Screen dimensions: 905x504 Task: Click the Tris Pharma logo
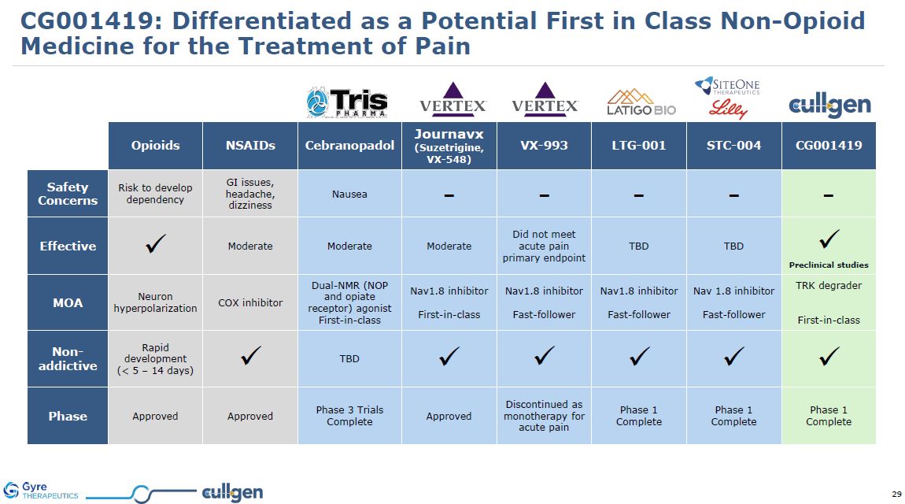(x=347, y=102)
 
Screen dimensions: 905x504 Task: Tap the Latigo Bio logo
(x=641, y=102)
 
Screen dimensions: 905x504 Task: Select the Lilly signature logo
(x=729, y=109)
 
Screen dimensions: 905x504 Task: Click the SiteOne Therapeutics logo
(x=727, y=86)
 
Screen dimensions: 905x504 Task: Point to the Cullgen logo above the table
(x=829, y=105)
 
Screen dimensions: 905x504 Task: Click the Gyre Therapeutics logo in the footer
(x=40, y=490)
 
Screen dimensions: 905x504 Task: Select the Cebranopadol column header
(x=349, y=146)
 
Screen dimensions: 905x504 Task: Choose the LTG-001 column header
(x=639, y=146)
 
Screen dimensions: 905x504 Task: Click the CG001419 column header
(x=829, y=146)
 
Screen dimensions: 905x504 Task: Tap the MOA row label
(x=68, y=302)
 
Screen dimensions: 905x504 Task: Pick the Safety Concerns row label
(x=68, y=194)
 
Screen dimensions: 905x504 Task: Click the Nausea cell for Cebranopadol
(x=349, y=194)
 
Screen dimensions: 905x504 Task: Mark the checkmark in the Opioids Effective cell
(x=156, y=243)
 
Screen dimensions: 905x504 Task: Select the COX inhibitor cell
(x=250, y=302)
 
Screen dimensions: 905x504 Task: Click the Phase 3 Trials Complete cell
(x=349, y=416)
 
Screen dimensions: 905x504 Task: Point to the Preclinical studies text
(x=829, y=265)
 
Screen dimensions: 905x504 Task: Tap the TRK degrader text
(x=829, y=285)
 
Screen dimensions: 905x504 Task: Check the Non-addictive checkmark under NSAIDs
(x=251, y=356)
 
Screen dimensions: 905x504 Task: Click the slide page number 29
(x=896, y=495)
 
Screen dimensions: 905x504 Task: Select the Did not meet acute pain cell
(x=545, y=246)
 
